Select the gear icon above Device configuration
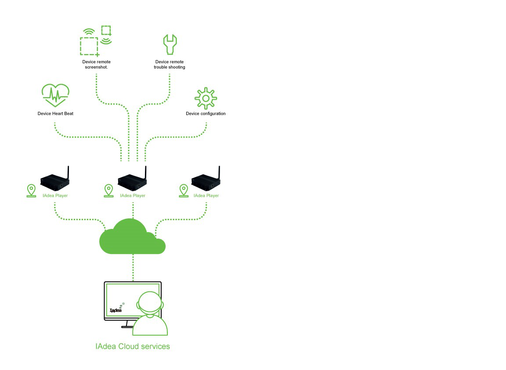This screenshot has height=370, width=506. (206, 98)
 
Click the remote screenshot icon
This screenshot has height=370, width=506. (96, 41)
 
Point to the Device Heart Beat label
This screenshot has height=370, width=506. (55, 114)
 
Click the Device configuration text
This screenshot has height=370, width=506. (206, 114)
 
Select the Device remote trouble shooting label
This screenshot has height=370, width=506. (170, 65)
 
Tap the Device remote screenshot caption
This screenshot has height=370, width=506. (96, 65)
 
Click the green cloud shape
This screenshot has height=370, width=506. (132, 237)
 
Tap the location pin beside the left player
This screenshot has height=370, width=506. (31, 190)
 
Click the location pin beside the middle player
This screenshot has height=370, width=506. (109, 190)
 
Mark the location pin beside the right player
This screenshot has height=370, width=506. (184, 190)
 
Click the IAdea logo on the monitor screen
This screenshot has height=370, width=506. (116, 308)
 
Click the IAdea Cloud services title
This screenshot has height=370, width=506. (133, 346)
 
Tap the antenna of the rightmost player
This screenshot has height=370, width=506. (220, 172)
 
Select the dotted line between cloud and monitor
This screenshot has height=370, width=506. (133, 267)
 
